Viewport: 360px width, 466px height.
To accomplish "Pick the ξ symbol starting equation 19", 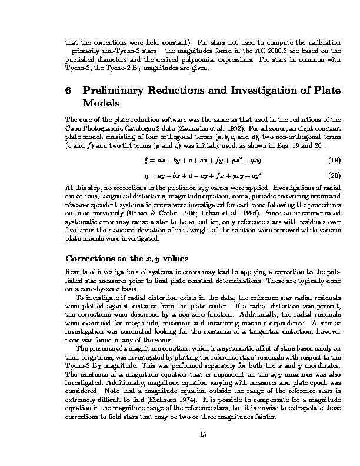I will pos(146,160).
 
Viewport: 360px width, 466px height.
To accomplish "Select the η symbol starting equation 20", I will pos(145,176).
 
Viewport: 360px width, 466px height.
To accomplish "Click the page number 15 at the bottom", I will pos(204,434).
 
